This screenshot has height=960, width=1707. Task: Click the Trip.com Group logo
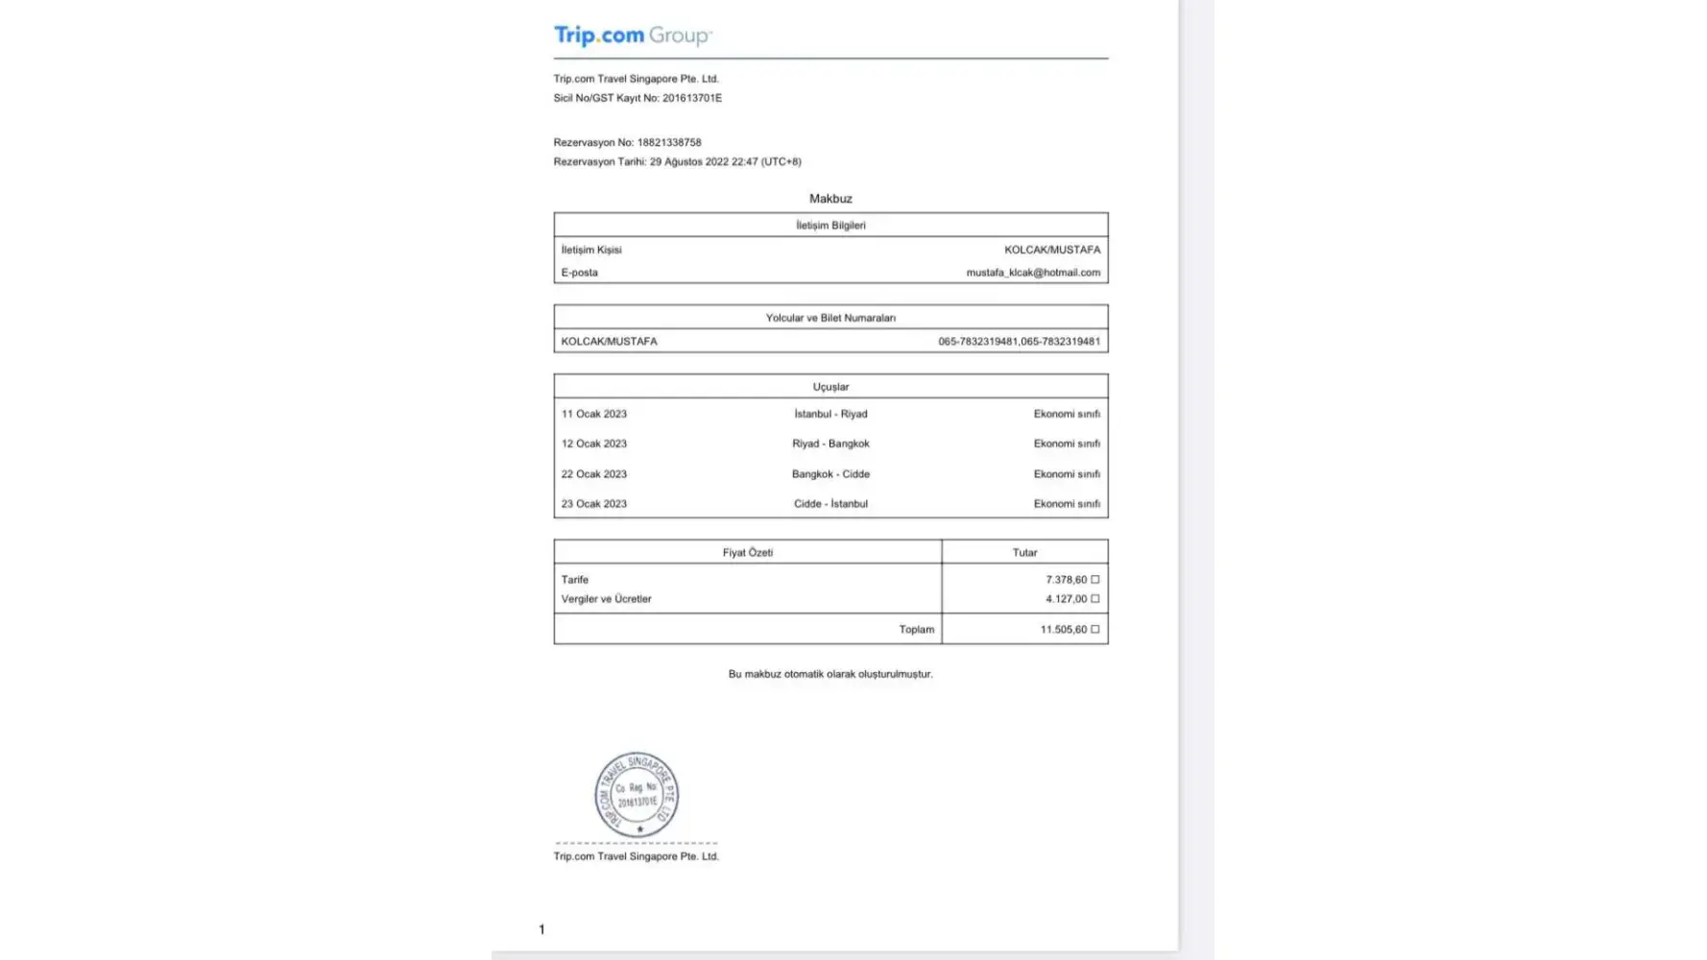pyautogui.click(x=633, y=36)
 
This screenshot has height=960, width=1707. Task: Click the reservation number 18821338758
pyautogui.click(x=669, y=142)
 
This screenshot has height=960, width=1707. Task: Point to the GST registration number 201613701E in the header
pyautogui.click(x=692, y=98)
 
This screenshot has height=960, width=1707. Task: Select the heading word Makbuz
pyautogui.click(x=830, y=199)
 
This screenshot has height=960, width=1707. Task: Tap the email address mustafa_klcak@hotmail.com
pyautogui.click(x=1033, y=273)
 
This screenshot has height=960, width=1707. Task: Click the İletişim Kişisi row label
pyautogui.click(x=591, y=250)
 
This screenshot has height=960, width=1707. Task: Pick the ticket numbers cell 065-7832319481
pyautogui.click(x=1019, y=342)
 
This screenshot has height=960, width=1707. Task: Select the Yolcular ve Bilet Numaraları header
pyautogui.click(x=830, y=318)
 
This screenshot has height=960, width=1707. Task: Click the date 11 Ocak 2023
pyautogui.click(x=594, y=414)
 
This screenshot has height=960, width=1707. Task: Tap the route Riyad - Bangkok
pyautogui.click(x=830, y=444)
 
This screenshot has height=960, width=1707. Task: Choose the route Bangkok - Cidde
pyautogui.click(x=830, y=474)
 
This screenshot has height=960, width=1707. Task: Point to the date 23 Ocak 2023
pyautogui.click(x=594, y=504)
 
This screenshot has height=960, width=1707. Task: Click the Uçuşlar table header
pyautogui.click(x=830, y=387)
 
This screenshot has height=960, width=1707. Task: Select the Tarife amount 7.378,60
pyautogui.click(x=1067, y=580)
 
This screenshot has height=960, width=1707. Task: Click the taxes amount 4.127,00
pyautogui.click(x=1067, y=599)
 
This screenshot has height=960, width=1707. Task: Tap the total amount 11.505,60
pyautogui.click(x=1064, y=630)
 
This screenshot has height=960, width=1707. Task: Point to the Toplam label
pyautogui.click(x=916, y=630)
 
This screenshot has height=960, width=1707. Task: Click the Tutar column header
pyautogui.click(x=1024, y=553)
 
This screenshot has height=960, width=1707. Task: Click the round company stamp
pyautogui.click(x=637, y=795)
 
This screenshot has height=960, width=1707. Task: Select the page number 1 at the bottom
pyautogui.click(x=541, y=929)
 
